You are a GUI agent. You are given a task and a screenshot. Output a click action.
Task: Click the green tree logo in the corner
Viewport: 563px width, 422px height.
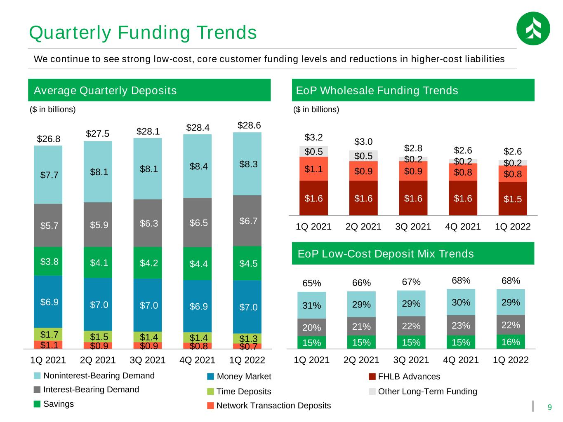[x=533, y=28]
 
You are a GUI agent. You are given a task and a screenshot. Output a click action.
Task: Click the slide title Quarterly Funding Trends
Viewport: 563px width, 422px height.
[x=143, y=33]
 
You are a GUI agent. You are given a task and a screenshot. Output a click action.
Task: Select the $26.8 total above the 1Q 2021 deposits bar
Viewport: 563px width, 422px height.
[x=49, y=139]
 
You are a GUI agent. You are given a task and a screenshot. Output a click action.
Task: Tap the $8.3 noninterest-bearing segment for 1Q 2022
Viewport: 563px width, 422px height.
[x=247, y=164]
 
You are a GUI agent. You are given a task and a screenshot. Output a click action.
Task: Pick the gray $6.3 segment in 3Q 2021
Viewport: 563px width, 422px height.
[x=148, y=223]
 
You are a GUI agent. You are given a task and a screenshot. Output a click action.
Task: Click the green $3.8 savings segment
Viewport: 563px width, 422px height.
[x=48, y=261]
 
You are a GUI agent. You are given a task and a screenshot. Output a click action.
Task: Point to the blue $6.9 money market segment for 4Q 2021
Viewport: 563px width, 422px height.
[x=197, y=306]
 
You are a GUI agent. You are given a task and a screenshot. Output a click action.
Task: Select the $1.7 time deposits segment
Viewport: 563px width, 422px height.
[x=48, y=334]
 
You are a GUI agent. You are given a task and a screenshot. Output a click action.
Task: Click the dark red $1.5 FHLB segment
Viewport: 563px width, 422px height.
[x=512, y=199]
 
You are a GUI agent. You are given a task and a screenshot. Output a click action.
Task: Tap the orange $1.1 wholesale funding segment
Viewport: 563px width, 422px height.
[x=313, y=169]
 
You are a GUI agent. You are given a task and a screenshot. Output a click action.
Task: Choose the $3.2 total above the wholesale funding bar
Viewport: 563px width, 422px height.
[x=313, y=137]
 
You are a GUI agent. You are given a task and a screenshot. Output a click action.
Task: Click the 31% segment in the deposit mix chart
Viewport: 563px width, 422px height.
[x=311, y=305]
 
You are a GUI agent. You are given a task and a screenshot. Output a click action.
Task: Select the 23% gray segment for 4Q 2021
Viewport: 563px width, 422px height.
[x=461, y=326]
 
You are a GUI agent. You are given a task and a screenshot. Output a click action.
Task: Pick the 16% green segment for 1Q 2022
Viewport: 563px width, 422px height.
[x=511, y=342]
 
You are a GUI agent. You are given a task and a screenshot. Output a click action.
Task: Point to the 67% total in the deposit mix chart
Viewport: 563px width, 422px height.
[x=411, y=282]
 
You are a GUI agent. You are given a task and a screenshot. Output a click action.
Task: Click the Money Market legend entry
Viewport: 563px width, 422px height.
[x=239, y=376]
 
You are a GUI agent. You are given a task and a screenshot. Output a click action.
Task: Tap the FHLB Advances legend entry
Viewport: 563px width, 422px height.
[x=404, y=376]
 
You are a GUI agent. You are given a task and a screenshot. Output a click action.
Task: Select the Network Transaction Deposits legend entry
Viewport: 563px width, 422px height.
[x=269, y=406]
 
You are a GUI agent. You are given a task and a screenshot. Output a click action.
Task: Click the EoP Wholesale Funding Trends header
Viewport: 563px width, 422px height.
[x=377, y=90]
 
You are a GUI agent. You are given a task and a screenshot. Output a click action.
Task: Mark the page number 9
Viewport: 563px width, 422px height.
[x=549, y=407]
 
